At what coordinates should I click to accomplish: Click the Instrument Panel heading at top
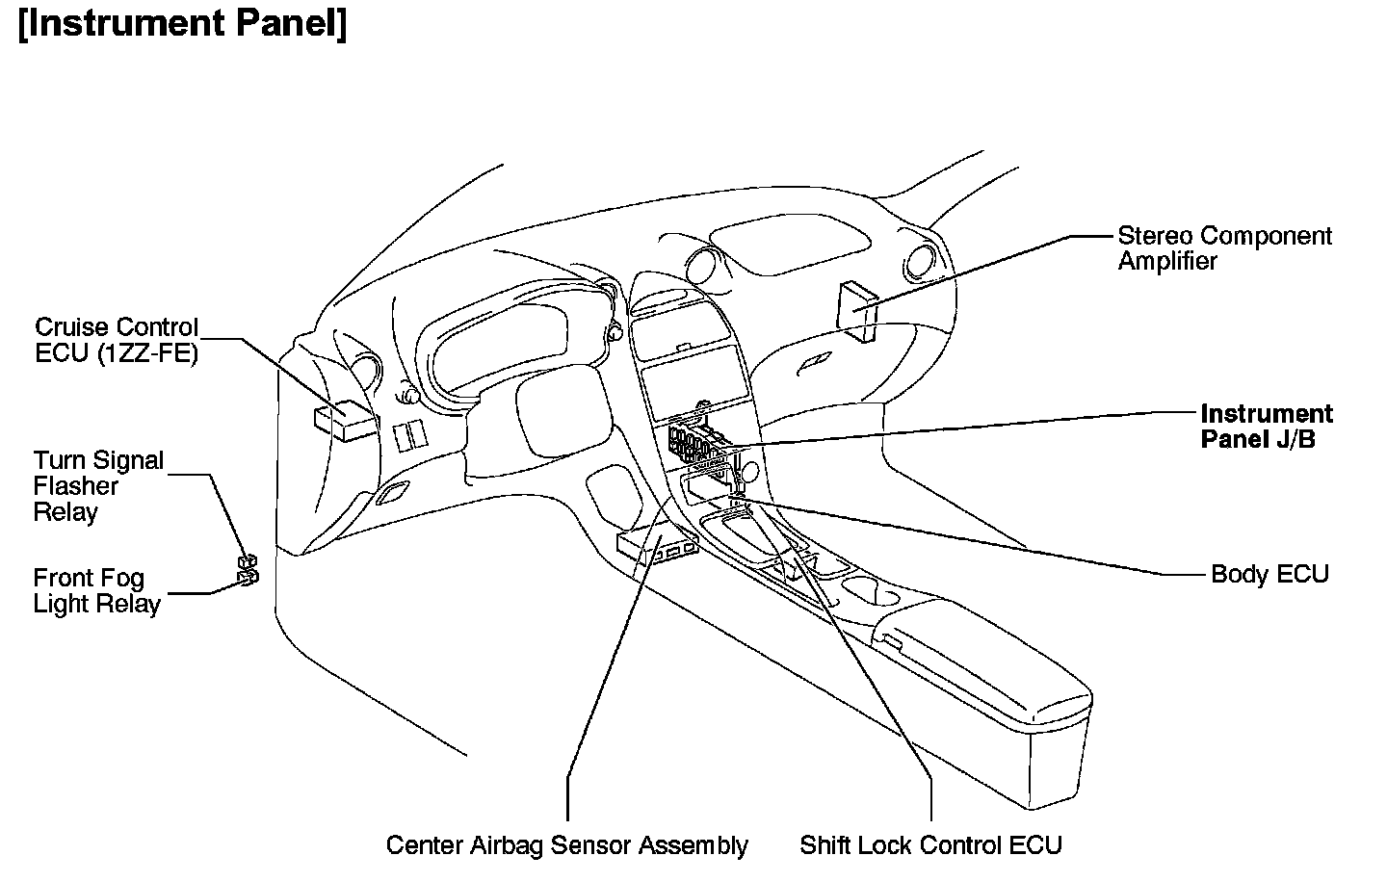[183, 23]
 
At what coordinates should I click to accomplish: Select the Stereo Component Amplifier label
[1223, 248]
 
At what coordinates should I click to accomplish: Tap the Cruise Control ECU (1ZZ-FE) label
[117, 340]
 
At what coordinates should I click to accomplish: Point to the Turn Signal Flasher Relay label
[98, 486]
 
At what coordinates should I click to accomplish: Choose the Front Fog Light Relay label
[96, 590]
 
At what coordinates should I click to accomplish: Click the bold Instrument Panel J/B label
[1266, 427]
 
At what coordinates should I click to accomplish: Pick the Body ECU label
[1269, 574]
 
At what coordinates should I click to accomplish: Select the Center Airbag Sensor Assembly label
[566, 845]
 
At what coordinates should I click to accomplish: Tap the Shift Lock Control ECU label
[930, 845]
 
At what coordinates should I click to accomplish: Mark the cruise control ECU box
[344, 420]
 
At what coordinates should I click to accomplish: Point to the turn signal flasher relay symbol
[248, 561]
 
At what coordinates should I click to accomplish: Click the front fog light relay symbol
[248, 577]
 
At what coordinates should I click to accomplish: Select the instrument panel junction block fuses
[695, 445]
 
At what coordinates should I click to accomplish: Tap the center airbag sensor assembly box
[656, 545]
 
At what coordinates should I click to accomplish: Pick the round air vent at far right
[920, 260]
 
